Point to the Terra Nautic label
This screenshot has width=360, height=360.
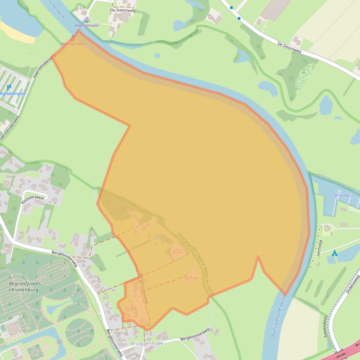(x=345, y=195)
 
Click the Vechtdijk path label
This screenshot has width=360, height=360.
(x=320, y=247)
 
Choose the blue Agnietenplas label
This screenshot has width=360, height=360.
(x=13, y=94)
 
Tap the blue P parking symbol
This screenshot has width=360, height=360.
(x=9, y=87)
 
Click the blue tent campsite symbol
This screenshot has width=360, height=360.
(x=334, y=253)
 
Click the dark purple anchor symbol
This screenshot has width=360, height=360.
(x=87, y=19)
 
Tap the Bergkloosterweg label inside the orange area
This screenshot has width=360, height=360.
(x=143, y=288)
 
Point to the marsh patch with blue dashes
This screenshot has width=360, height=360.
(x=304, y=75)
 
